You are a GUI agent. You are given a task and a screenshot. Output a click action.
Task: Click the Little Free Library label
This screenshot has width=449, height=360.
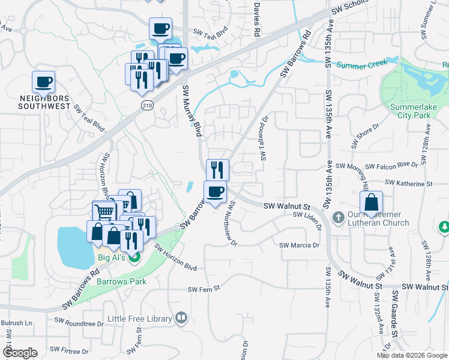[140, 318]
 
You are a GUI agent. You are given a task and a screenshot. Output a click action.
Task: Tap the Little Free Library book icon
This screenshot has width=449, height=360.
[181, 318]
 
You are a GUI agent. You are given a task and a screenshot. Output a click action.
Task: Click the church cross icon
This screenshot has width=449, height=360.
[338, 217]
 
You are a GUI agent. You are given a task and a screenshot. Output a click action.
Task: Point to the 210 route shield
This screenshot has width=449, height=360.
[147, 105]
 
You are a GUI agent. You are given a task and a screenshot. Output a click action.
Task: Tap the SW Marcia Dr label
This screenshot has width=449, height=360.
[299, 245]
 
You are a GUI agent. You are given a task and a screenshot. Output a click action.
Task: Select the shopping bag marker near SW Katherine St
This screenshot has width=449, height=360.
[372, 202]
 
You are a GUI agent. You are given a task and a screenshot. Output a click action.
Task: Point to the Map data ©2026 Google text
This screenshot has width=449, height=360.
[411, 355]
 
